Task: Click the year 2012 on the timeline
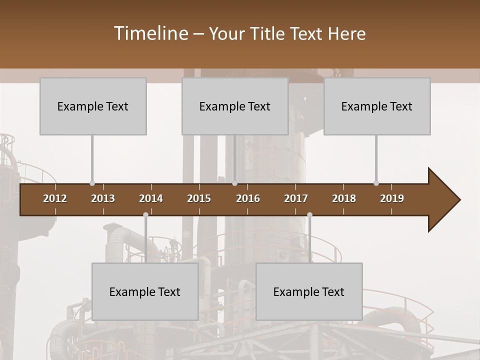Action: [55, 198]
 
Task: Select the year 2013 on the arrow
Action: [103, 198]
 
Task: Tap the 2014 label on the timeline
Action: [151, 198]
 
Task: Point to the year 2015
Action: [199, 198]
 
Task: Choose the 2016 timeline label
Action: [248, 198]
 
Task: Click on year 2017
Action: [296, 198]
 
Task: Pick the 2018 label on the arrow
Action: [344, 198]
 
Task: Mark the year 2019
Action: [392, 198]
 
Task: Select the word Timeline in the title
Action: [150, 33]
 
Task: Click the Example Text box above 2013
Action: [93, 106]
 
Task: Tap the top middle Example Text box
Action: [235, 106]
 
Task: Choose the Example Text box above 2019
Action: [377, 106]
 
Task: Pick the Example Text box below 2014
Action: [145, 291]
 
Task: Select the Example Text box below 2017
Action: [309, 291]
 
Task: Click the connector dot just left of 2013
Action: [92, 183]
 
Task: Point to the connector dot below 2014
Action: [145, 214]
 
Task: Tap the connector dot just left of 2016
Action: [234, 183]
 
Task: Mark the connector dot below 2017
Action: [309, 214]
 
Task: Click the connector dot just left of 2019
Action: [376, 183]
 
